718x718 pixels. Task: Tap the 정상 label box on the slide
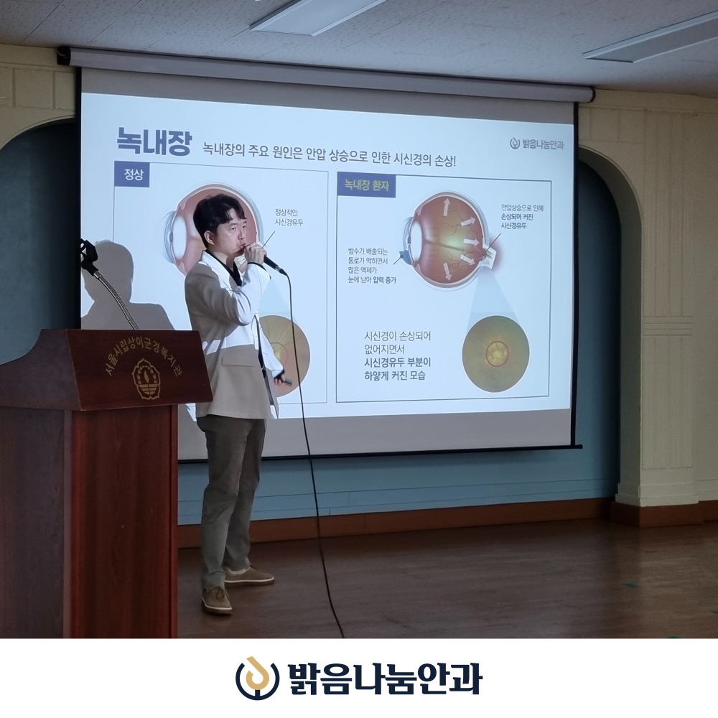click(131, 174)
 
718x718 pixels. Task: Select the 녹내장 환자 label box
click(365, 184)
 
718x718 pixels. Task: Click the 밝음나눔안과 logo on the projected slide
click(536, 144)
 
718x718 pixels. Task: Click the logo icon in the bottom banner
click(258, 678)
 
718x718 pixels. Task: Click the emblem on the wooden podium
click(147, 379)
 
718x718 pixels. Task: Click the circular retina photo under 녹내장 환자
click(495, 353)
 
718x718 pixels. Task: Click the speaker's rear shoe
click(248, 575)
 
